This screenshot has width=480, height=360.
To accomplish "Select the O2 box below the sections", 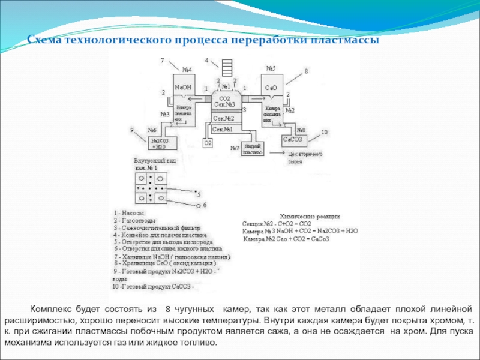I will (208, 143).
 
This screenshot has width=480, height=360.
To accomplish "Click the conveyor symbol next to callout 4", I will (226, 66).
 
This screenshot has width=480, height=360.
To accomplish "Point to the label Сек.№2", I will (223, 118).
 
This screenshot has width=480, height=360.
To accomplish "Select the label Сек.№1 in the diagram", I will (223, 129).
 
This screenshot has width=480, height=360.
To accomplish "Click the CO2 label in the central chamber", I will (225, 98).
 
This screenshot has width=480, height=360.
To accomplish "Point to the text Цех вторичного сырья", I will (306, 158).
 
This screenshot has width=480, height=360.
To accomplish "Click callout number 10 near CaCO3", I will (325, 131).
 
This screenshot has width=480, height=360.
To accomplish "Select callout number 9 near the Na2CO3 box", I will (132, 130).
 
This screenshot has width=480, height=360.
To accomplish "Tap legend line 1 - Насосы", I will (128, 213).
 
